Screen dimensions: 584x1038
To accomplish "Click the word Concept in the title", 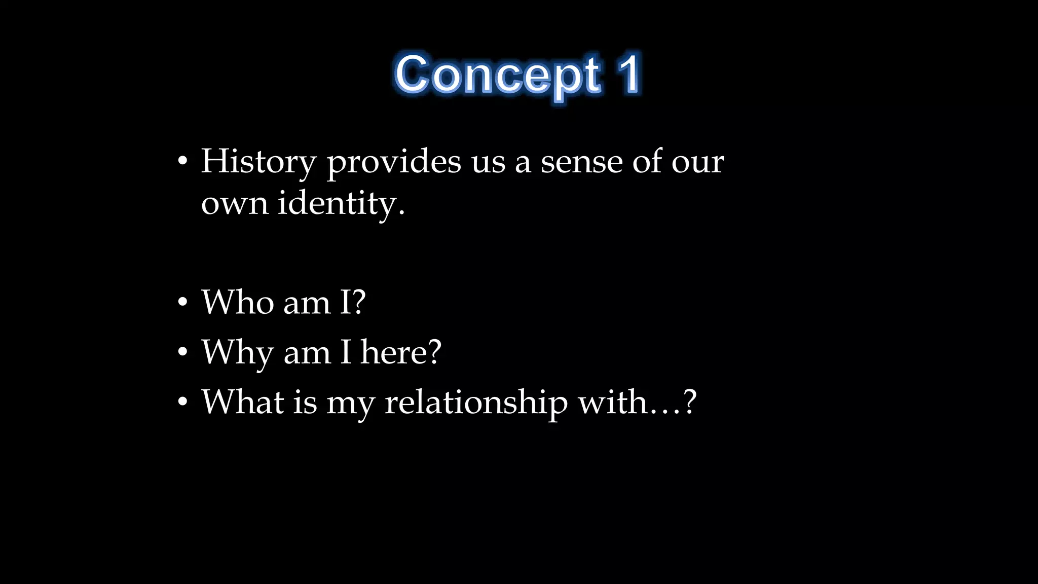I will coord(498,75).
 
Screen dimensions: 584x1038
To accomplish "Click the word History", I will coord(258,162).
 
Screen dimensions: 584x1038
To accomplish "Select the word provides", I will coord(394,162).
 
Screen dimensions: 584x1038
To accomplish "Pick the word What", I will coord(242,402).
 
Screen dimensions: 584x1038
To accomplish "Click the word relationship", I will coord(476,403).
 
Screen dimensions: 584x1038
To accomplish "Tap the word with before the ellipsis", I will coord(613,402).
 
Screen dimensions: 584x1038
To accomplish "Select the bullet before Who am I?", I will coord(183,303).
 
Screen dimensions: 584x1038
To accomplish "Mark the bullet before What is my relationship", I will coord(183,402).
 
